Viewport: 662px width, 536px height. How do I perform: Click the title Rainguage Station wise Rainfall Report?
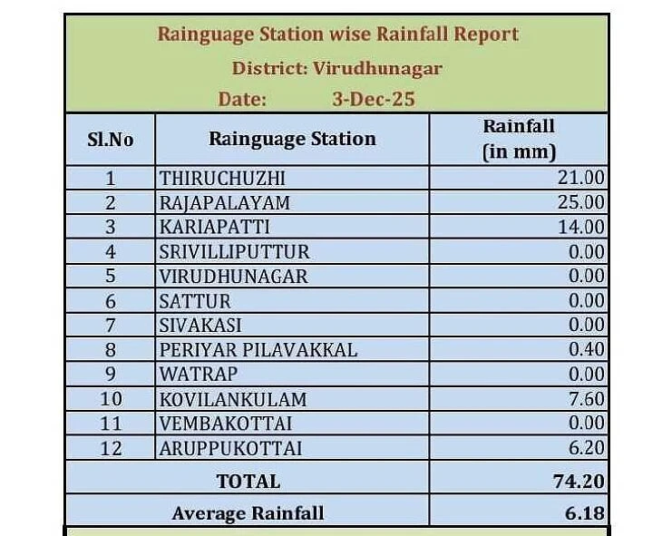pos(337,34)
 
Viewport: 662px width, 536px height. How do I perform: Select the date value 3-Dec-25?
pos(373,99)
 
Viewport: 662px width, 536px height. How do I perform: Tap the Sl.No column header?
pos(110,140)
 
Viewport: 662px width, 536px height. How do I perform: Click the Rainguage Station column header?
pos(292,139)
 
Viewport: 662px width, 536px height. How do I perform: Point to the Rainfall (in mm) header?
pos(518,139)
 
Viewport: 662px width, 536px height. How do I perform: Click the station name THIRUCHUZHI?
pos(222,178)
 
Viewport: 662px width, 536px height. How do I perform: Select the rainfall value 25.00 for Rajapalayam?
pos(580,202)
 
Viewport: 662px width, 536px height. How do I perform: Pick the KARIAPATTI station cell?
pos(214,227)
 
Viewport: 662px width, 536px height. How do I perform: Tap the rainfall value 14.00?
pos(581,227)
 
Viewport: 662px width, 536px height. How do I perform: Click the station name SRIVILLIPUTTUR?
pos(234,251)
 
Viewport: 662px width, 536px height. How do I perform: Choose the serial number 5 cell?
pos(111,276)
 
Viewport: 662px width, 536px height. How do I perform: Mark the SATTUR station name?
pos(195,300)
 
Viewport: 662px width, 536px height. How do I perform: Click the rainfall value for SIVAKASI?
pos(586,325)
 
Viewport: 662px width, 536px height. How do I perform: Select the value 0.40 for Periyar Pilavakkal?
pos(586,349)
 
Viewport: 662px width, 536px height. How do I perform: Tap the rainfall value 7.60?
pos(586,398)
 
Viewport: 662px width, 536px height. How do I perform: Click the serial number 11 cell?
pos(111,423)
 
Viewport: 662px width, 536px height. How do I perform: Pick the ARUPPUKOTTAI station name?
pos(230,447)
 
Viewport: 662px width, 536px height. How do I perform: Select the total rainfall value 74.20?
pos(579,481)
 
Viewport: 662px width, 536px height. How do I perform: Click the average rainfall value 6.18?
pos(585,512)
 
